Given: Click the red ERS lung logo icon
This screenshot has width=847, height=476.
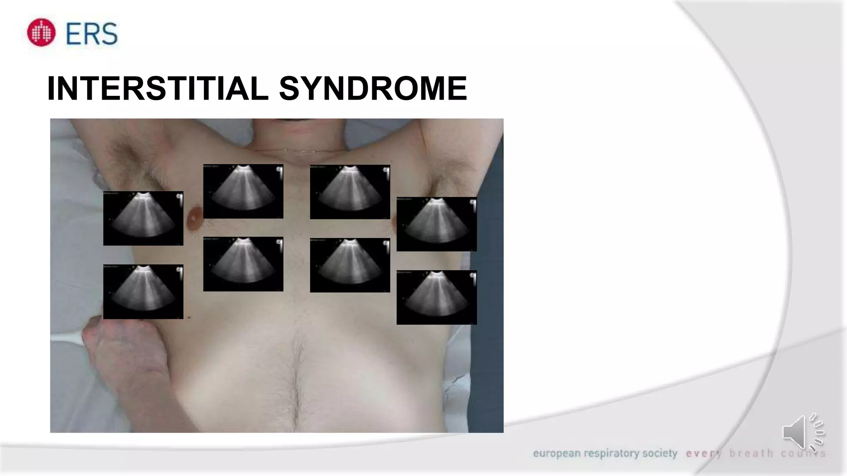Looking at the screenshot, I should pos(41,33).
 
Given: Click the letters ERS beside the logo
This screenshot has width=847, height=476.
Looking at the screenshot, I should pos(92,34).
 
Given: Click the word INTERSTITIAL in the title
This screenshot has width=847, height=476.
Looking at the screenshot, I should pos(158,88).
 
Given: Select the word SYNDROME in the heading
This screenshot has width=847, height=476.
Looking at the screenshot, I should pos(373,88).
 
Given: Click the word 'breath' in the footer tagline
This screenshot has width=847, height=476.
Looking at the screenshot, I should pos(751,454).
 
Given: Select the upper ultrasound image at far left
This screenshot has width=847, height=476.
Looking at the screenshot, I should pos(143,218).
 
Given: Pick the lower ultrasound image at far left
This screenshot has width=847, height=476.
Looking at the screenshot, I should pos(143,292).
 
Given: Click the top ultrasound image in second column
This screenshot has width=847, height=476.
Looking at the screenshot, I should pos(243,191).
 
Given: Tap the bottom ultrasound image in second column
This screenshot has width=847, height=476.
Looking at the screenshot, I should pos(243,264).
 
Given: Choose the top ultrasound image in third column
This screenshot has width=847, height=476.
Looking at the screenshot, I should pos(350,192).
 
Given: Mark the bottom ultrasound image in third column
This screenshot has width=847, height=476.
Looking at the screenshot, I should pos(350,265).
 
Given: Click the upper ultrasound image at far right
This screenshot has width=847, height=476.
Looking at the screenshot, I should pos(436,224).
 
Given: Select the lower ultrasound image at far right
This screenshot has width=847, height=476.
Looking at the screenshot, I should pos(436,297).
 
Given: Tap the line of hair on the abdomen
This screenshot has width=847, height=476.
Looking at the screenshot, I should pos(296,380).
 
